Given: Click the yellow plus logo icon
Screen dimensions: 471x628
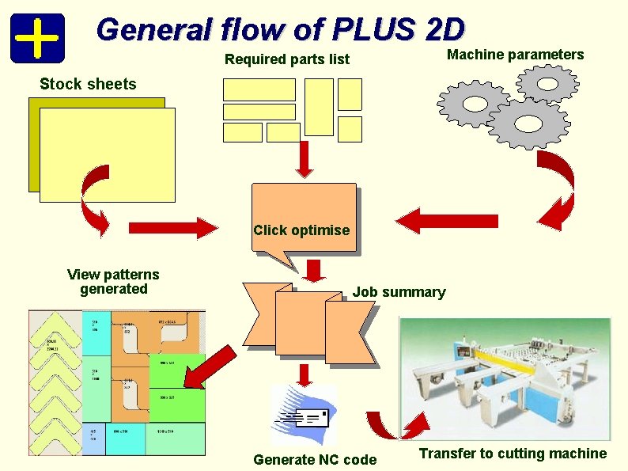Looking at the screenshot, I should pos(36,38).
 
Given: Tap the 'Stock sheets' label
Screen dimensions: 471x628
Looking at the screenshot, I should pos(88,85).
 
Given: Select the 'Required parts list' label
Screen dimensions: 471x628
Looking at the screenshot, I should pos(287,59).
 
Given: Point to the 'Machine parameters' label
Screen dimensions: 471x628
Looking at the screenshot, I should pos(515,55).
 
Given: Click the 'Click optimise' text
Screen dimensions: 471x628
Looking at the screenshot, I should pos(301,230).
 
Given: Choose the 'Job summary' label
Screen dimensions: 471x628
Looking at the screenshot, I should pos(399,292).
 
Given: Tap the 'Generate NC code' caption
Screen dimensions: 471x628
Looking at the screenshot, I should pos(315,460).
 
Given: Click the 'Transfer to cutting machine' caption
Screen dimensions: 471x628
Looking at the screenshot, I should pos(513,454).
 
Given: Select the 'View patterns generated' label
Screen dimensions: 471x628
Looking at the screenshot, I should pos(113,282).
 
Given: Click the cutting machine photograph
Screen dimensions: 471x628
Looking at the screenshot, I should pos(506,378).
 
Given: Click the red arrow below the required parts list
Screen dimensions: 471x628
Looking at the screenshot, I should pos(304,161).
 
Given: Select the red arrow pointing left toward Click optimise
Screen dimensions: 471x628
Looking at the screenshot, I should pos(447,222).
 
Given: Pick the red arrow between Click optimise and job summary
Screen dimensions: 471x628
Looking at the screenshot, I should pos(316,270).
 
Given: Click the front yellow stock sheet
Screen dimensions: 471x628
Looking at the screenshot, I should pos(107,154).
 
